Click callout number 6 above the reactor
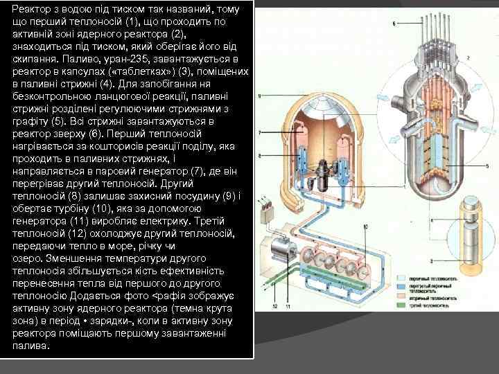[394, 24]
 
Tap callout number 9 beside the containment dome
[259, 95]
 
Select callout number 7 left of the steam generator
[259, 132]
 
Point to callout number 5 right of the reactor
[487, 166]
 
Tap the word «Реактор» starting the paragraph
[35, 8]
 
